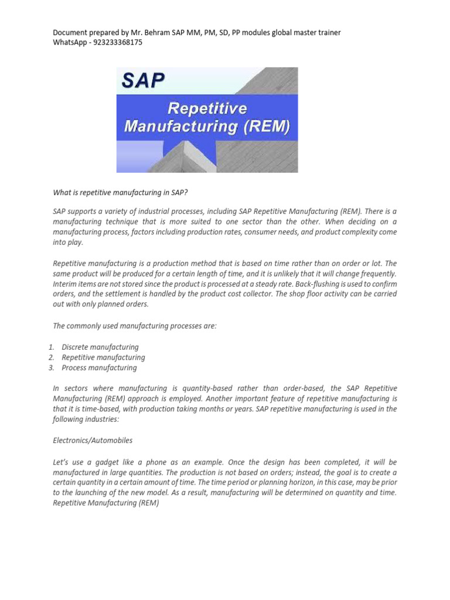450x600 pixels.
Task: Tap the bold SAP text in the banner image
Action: tap(143, 80)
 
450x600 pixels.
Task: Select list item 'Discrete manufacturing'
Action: tap(100, 347)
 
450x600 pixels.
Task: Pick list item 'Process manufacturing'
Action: tap(99, 368)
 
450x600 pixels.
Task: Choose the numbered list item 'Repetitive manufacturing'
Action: tap(103, 357)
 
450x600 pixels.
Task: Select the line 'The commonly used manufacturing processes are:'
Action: tap(135, 325)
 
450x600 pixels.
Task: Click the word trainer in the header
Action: tap(328, 32)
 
